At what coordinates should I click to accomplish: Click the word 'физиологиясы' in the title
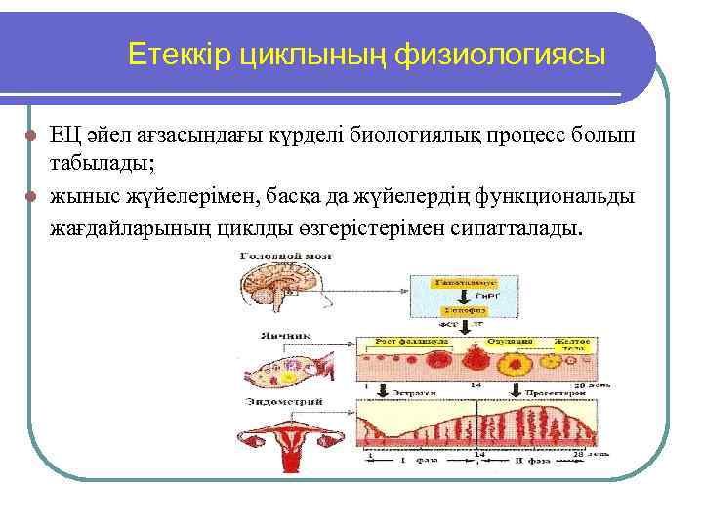tap(501, 57)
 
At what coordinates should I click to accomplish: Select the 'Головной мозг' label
tap(284, 255)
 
